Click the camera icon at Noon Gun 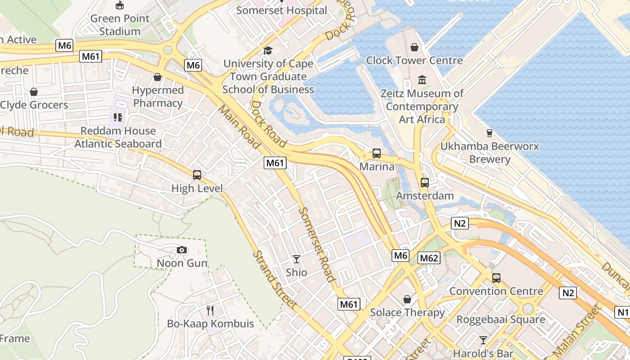click(x=182, y=250)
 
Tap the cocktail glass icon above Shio click(x=297, y=259)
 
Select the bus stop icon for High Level click(x=197, y=175)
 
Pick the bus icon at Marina click(x=377, y=153)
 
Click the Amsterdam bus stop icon click(x=424, y=182)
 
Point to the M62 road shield click(x=428, y=258)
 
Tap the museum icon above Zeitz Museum click(x=422, y=80)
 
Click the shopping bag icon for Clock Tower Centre click(x=414, y=47)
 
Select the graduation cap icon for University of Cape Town click(x=268, y=50)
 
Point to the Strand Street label click(x=275, y=279)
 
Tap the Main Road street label click(x=239, y=126)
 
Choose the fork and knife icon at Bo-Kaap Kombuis click(x=210, y=310)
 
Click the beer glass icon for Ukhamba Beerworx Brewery click(x=490, y=133)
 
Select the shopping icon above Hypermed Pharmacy click(x=157, y=77)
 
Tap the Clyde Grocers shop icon click(x=34, y=92)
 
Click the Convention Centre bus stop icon click(x=496, y=278)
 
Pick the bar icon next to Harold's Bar click(x=483, y=340)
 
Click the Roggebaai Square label click(x=501, y=319)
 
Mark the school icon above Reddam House click(x=118, y=117)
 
